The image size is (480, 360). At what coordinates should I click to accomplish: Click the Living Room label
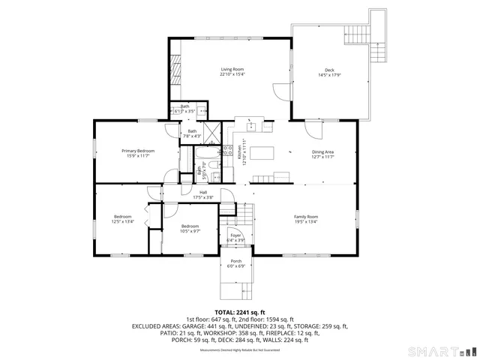(232, 72)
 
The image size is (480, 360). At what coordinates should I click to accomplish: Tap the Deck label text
(329, 72)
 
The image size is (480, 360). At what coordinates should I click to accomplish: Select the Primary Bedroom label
(138, 153)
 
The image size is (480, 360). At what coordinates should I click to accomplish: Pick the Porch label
(236, 263)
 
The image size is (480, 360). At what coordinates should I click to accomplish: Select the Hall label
(203, 195)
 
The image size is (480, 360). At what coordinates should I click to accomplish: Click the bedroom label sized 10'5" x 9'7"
(190, 229)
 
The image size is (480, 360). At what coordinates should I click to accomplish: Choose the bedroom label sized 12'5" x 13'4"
(123, 219)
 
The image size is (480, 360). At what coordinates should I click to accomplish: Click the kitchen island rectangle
(262, 153)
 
